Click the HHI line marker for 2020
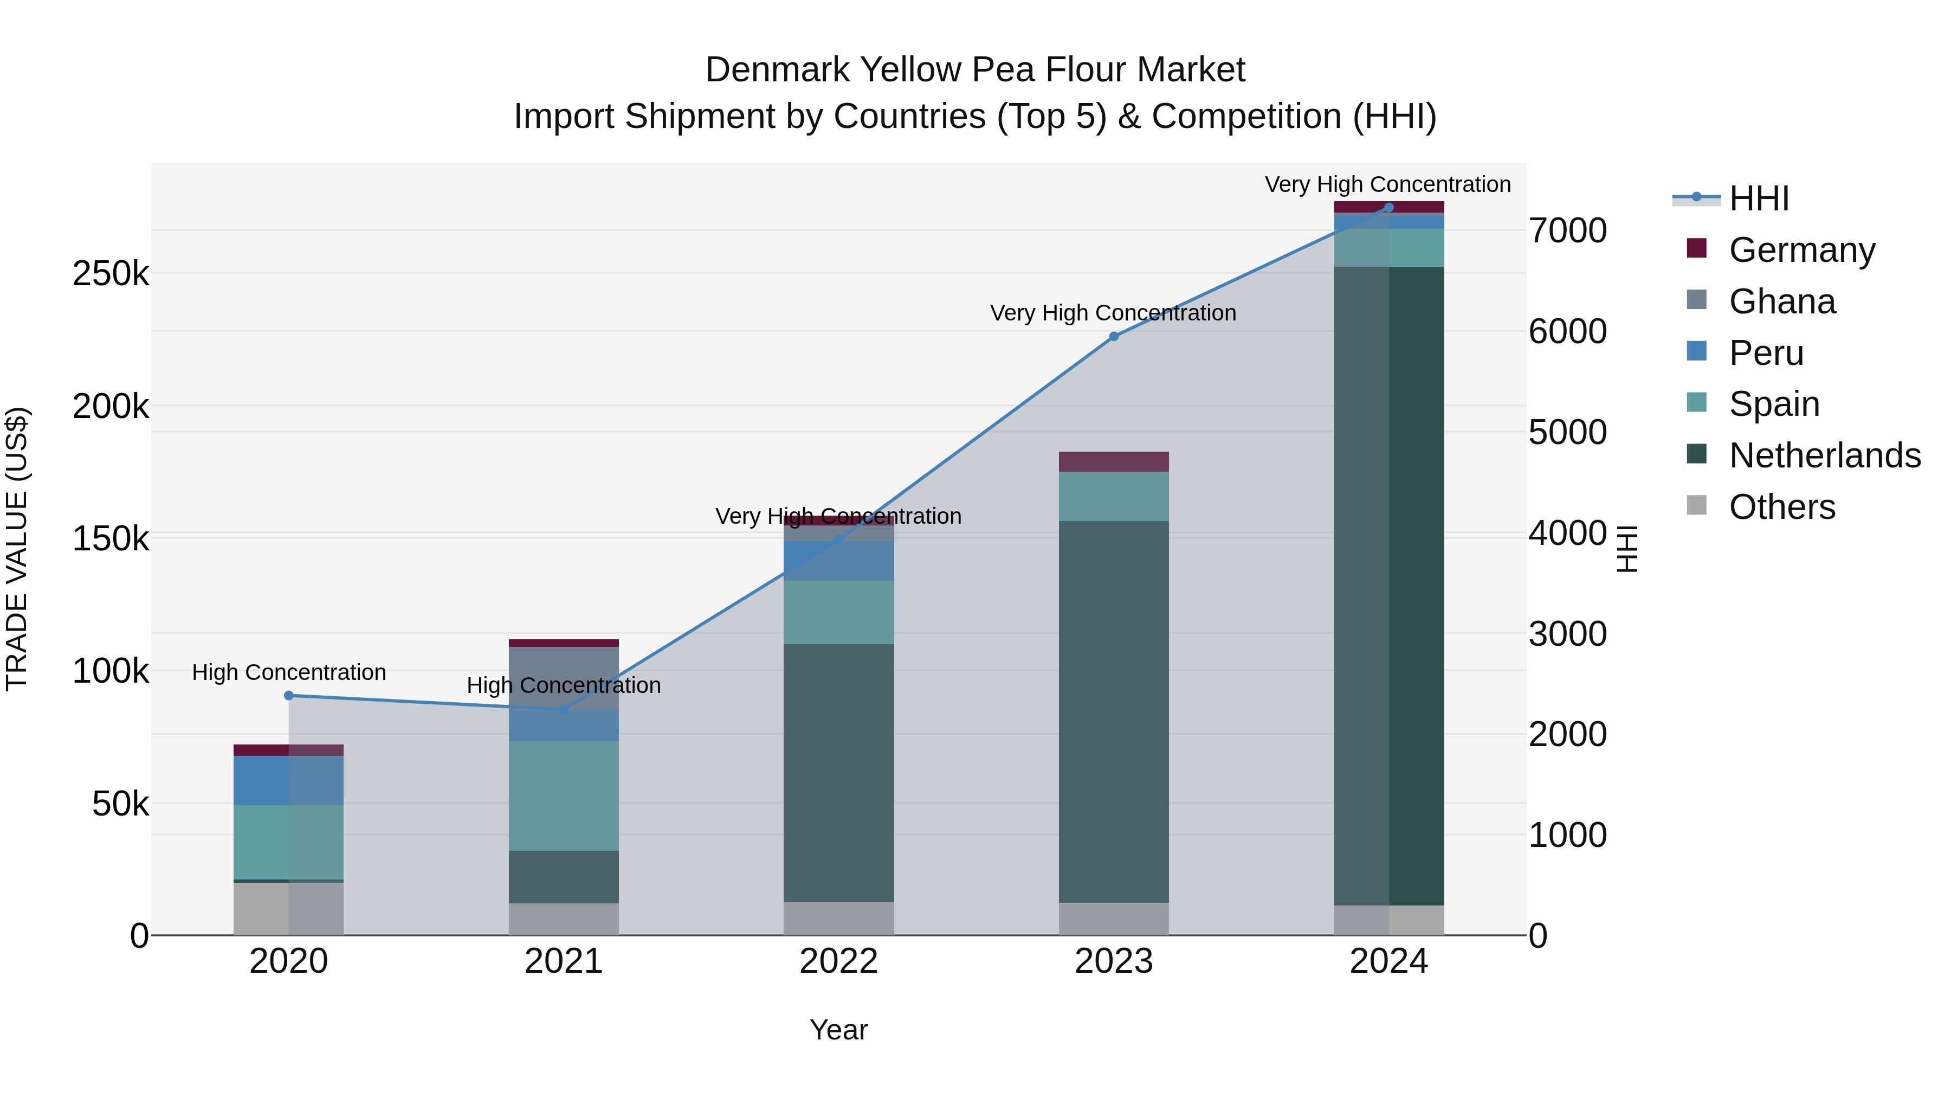[x=288, y=696]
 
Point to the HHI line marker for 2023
[x=1113, y=336]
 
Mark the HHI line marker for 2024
[x=1388, y=208]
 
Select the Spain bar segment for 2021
[x=564, y=795]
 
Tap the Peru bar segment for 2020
[x=288, y=780]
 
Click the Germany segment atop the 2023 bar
[x=1113, y=461]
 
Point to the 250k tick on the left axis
[x=111, y=274]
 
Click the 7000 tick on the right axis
[x=1567, y=230]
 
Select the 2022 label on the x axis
[x=838, y=961]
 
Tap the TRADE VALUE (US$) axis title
[x=17, y=549]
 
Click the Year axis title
[x=838, y=1030]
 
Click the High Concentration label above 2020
[x=288, y=672]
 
